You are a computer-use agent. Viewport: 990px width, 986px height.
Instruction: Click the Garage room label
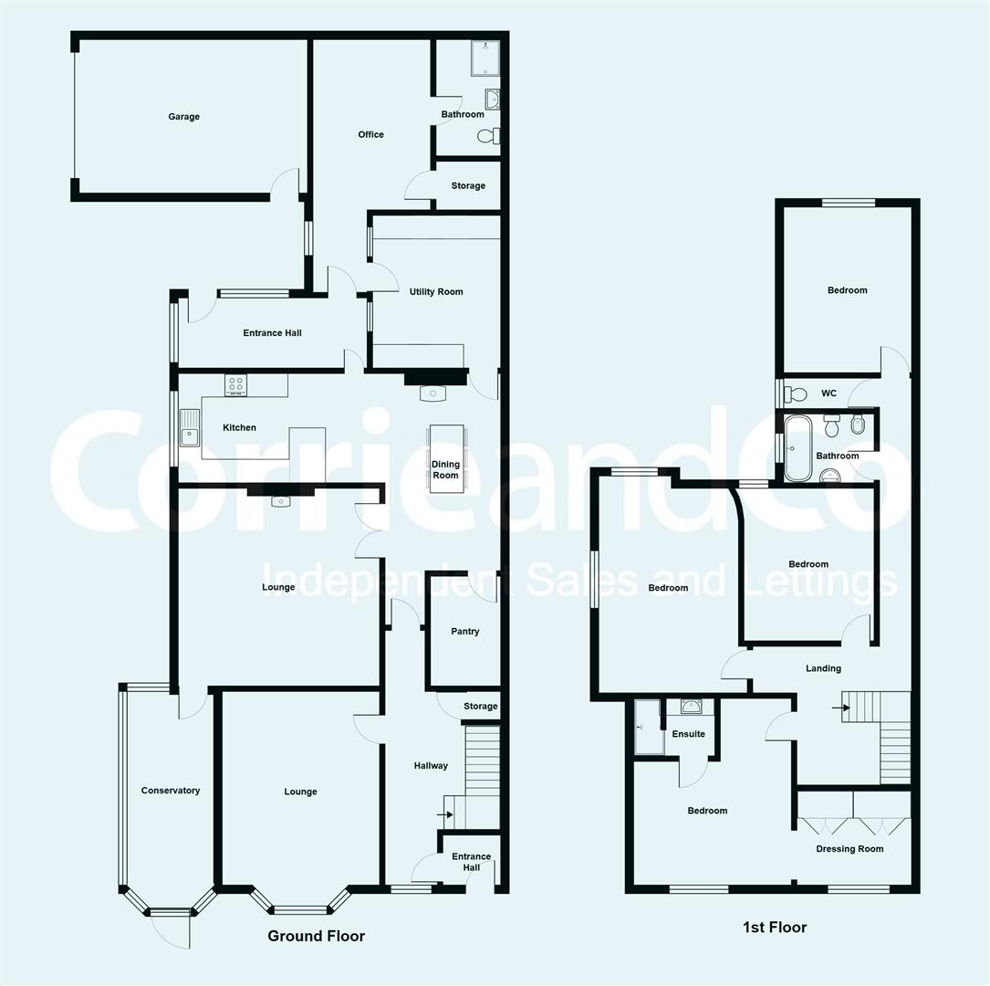(183, 117)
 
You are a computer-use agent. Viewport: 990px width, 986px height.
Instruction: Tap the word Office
(370, 134)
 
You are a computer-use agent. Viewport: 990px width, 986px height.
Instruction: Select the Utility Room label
(435, 292)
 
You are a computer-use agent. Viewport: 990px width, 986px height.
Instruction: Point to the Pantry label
(464, 632)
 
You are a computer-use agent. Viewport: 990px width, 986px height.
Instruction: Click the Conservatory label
(171, 791)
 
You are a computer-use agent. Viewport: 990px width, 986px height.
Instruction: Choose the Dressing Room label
(849, 849)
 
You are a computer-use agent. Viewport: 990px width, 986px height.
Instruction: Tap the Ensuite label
(688, 734)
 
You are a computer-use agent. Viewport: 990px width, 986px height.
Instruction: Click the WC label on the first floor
(828, 393)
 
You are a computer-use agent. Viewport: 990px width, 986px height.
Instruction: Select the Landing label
(823, 668)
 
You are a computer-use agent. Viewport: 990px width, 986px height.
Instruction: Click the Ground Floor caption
(317, 936)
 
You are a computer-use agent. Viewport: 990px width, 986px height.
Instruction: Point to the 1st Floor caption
(775, 928)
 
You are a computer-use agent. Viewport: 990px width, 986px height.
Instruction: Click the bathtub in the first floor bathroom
(797, 448)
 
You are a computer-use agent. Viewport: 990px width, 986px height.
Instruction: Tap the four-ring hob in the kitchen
(235, 385)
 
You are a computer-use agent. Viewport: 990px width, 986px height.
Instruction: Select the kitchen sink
(189, 427)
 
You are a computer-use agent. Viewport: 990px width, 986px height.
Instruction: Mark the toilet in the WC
(795, 394)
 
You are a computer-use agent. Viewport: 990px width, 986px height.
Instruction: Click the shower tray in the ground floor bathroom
(485, 58)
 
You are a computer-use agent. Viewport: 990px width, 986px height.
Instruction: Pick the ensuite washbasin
(692, 707)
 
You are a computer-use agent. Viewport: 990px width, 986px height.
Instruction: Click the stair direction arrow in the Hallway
(445, 815)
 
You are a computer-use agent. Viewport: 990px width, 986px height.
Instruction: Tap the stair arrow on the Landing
(841, 708)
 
